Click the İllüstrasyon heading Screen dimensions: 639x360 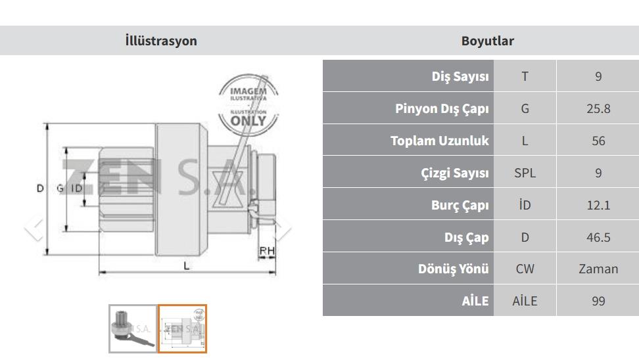pyautogui.click(x=161, y=41)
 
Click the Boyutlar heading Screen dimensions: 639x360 pyautogui.click(x=487, y=41)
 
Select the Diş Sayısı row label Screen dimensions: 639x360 pyautogui.click(x=460, y=76)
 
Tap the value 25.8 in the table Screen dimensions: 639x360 pyautogui.click(x=598, y=108)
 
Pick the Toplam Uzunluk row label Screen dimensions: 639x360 pyautogui.click(x=439, y=141)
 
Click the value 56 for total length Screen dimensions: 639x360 pyautogui.click(x=598, y=141)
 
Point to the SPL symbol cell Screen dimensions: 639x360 pyautogui.click(x=525, y=173)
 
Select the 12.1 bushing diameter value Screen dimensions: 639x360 pyautogui.click(x=598, y=205)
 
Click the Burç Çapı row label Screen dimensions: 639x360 pyautogui.click(x=460, y=205)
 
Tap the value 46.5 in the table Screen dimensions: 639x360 pyautogui.click(x=598, y=237)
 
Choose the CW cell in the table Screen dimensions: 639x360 pyautogui.click(x=525, y=269)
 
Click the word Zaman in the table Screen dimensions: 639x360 pyautogui.click(x=598, y=269)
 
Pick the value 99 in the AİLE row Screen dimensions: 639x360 pyautogui.click(x=598, y=301)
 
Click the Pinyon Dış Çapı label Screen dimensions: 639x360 pyautogui.click(x=442, y=108)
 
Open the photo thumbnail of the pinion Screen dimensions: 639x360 pyautogui.click(x=133, y=328)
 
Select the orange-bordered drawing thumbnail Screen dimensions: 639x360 pyautogui.click(x=182, y=328)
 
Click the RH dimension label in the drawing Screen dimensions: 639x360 pyautogui.click(x=267, y=250)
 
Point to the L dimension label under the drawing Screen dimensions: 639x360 pyautogui.click(x=186, y=266)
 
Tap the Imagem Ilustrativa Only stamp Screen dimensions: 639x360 pyautogui.click(x=248, y=104)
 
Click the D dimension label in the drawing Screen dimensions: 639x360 pyautogui.click(x=40, y=188)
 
